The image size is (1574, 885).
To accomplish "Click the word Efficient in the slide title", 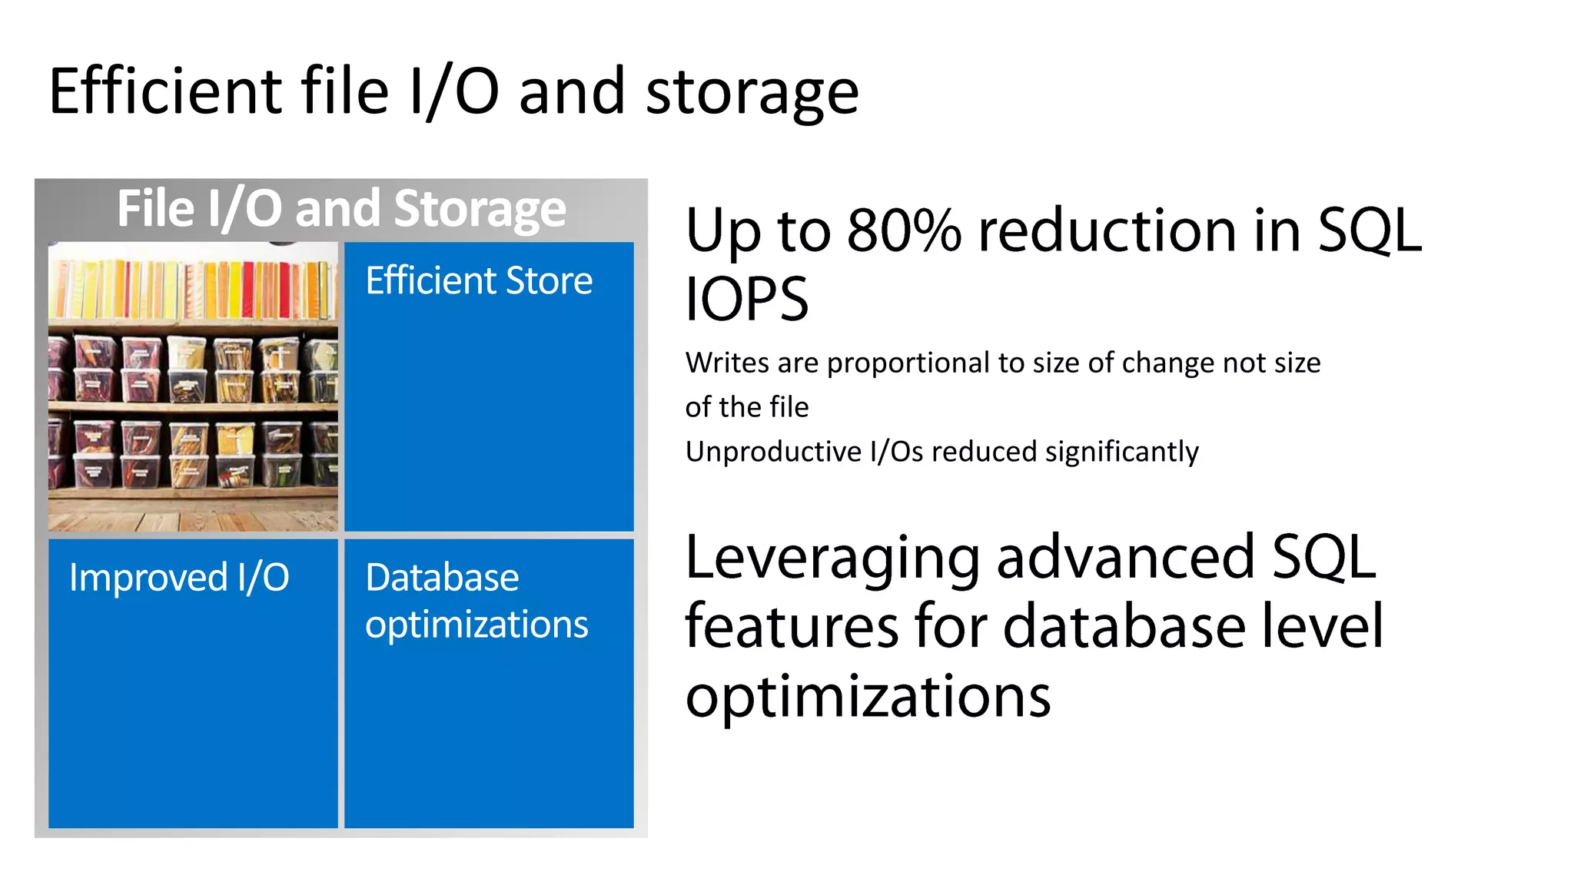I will [x=165, y=91].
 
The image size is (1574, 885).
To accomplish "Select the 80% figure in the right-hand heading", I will [x=904, y=230].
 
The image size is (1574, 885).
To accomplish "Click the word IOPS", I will [x=746, y=299].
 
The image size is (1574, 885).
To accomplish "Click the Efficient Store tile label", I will [x=479, y=280].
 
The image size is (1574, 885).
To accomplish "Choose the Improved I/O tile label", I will [x=179, y=577].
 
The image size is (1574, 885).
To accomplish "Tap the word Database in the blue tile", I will [x=442, y=577].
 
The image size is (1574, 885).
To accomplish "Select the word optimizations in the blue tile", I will [x=477, y=624].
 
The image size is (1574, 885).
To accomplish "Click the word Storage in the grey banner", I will [x=480, y=209].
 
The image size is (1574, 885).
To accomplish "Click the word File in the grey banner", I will [x=155, y=209].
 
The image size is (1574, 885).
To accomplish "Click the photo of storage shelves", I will [x=193, y=386].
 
